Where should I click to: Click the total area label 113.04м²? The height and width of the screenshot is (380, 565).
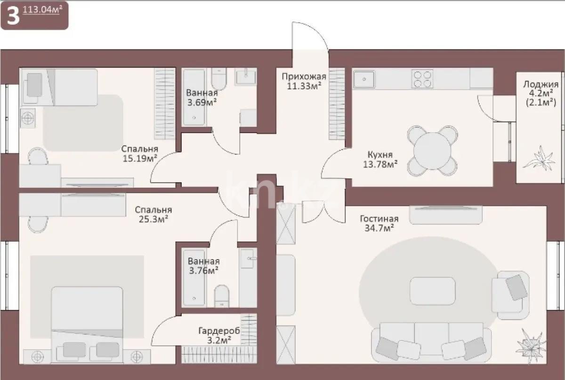coord(42,10)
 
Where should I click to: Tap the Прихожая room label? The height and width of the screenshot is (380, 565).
coord(304,76)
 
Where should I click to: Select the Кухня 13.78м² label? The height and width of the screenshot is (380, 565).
coord(380,160)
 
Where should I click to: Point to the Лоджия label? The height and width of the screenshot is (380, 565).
coord(541,84)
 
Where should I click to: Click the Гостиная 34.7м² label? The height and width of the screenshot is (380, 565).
coord(379,223)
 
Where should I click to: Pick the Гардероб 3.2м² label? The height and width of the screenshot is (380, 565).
coord(219,335)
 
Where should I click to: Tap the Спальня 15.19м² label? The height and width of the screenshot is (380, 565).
coord(140,154)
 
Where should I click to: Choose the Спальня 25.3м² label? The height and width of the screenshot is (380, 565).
coord(153,214)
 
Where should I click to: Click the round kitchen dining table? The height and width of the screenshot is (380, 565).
coord(432,151)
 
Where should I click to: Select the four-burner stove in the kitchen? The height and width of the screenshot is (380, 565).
coord(422,79)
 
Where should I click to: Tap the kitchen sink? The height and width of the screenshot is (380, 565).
coord(364,79)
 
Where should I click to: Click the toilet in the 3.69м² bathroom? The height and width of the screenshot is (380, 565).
coord(218,79)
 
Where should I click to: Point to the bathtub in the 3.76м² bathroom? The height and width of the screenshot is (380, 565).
coord(194,278)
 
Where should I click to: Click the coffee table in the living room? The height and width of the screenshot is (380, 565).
coord(433,291)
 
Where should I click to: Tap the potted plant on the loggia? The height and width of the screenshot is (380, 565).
coord(539,158)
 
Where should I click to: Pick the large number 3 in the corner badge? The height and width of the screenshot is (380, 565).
coord(13,16)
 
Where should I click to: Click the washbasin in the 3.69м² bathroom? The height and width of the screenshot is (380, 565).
coord(246,77)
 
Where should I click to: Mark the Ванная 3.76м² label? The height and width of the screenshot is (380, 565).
coord(203,266)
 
